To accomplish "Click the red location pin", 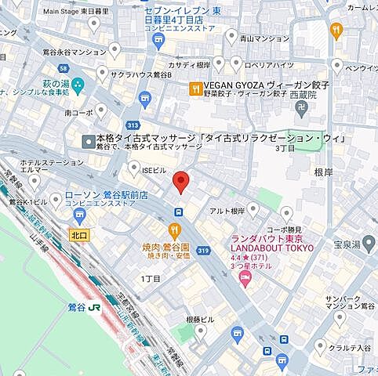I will tap(180, 180).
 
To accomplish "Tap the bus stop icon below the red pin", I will tap(180, 211).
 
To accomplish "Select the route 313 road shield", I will tap(134, 124).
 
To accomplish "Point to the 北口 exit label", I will tap(78, 233).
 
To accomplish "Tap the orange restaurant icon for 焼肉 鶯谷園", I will tap(174, 230).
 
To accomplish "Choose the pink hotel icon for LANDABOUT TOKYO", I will tap(244, 280).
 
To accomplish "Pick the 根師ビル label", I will tap(198, 320).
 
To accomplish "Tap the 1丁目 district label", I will tap(151, 278).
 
